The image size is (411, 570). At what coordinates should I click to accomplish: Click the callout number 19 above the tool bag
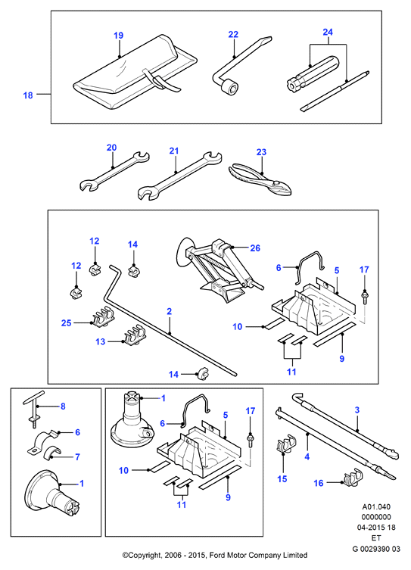(x=119, y=36)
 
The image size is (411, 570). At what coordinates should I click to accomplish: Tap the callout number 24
(x=328, y=33)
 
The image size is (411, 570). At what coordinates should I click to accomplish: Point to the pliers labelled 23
(x=260, y=180)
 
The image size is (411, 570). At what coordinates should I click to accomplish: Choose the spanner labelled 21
(x=180, y=176)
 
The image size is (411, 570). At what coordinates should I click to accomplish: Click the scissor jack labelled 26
(x=218, y=269)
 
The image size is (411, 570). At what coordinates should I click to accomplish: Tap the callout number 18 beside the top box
(x=28, y=95)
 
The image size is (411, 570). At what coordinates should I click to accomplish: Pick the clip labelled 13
(x=135, y=335)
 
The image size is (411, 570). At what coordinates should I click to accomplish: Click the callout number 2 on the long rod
(x=169, y=312)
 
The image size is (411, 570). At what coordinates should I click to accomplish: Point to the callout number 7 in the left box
(x=77, y=457)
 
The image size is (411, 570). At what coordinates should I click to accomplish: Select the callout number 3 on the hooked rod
(x=357, y=410)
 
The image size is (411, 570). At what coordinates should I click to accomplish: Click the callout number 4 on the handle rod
(x=307, y=456)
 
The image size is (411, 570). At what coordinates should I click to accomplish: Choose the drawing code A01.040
(x=376, y=506)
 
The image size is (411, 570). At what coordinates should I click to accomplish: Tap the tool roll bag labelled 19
(x=135, y=73)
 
